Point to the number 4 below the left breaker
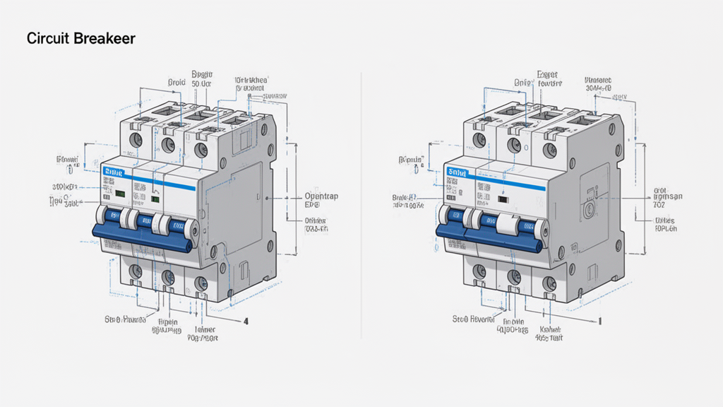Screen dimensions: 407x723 (x=246, y=321)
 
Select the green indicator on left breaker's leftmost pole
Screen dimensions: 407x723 (x=121, y=192)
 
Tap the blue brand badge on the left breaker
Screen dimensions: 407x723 (x=113, y=172)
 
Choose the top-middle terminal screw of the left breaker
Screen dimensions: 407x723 (x=168, y=144)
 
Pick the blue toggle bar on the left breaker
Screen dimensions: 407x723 (x=141, y=238)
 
